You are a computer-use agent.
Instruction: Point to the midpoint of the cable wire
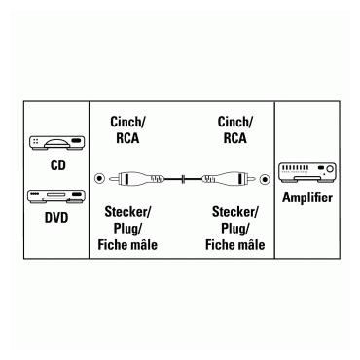pos(180,179)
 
